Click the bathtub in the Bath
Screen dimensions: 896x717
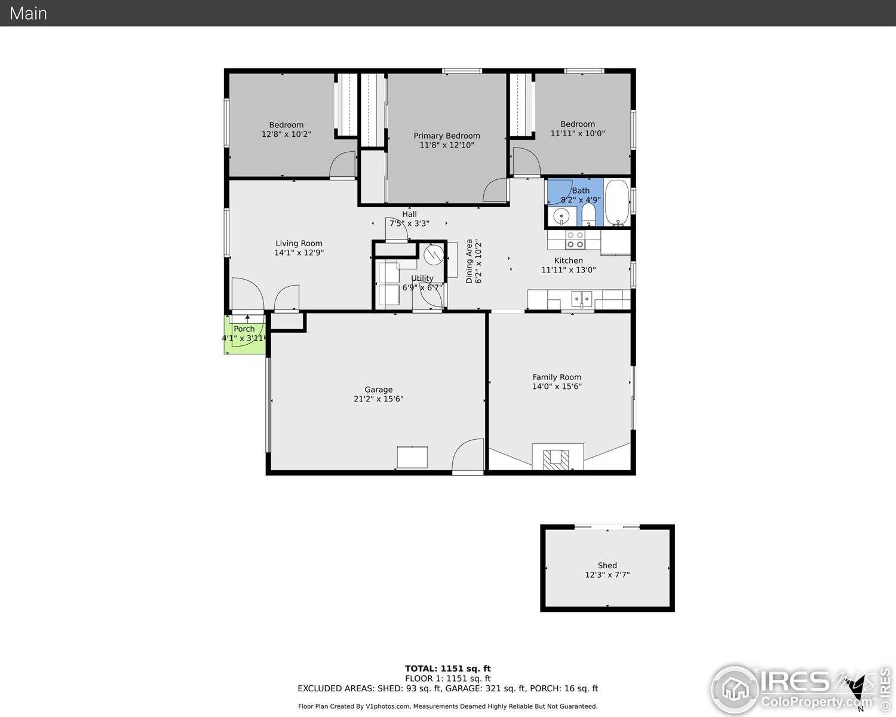click(616, 203)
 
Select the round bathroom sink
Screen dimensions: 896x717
click(561, 216)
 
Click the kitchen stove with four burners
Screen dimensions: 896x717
click(575, 240)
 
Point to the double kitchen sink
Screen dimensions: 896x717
click(582, 299)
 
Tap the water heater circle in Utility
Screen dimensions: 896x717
click(434, 255)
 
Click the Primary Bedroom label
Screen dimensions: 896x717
click(447, 136)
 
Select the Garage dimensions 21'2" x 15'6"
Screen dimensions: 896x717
click(379, 399)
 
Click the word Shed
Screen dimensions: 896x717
click(607, 565)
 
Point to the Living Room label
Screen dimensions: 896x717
click(299, 243)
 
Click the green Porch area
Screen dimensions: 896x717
click(245, 335)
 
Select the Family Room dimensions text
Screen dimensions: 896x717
click(557, 386)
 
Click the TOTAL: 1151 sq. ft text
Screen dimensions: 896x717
click(448, 668)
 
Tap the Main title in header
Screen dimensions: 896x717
click(28, 13)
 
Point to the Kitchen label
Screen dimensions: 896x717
click(568, 261)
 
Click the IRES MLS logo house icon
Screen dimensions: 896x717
click(736, 690)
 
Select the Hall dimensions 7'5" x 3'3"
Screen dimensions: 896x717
click(409, 223)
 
